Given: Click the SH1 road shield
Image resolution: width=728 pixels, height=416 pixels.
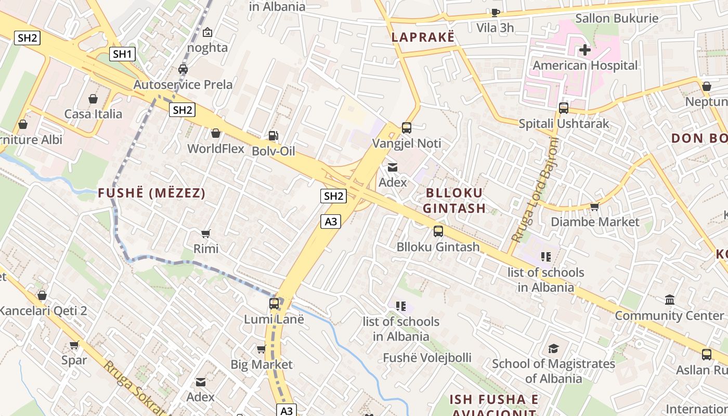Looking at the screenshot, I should [123, 54].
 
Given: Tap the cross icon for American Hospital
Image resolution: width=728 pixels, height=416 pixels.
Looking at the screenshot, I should [585, 50].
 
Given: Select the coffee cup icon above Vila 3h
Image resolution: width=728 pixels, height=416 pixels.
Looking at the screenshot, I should [495, 12].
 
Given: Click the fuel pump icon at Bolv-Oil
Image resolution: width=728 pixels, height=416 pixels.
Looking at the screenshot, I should [273, 136].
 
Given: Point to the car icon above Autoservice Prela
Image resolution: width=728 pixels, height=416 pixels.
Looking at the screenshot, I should [183, 69].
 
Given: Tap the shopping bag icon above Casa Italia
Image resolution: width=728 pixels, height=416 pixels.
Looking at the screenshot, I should [93, 99].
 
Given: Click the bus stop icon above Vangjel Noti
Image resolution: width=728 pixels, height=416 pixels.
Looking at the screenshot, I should [407, 128].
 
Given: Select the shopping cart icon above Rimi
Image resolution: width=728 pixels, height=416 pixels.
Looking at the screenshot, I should [206, 233].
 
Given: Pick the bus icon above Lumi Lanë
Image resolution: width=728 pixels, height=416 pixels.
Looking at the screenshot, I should [274, 303].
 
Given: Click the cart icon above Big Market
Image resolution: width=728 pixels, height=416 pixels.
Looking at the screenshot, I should [261, 349].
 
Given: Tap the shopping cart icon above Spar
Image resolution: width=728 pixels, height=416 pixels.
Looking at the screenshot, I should [74, 345].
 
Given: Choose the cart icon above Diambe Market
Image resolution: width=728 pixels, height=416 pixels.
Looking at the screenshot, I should [595, 206].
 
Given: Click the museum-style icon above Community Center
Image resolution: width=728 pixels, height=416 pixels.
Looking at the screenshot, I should [670, 300].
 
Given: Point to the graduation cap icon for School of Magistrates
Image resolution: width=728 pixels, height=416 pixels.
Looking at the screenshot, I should [553, 348].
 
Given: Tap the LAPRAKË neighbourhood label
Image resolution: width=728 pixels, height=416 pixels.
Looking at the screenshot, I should [423, 37].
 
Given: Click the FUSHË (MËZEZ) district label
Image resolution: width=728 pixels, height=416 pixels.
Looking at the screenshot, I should [152, 193].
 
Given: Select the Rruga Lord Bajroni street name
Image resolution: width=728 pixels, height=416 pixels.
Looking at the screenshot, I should [534, 190].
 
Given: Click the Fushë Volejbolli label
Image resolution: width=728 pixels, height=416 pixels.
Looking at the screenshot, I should [427, 358].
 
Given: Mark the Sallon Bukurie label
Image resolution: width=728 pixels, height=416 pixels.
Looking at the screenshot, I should [617, 18].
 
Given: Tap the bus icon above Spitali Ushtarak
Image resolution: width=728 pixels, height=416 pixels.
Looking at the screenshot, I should [564, 108].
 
